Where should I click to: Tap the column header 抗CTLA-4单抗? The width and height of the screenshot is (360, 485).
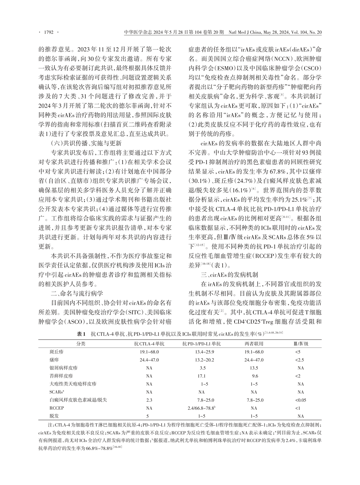coord(149,344)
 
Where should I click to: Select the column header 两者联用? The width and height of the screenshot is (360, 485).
coord(254,344)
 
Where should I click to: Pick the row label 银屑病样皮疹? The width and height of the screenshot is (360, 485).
coord(63,368)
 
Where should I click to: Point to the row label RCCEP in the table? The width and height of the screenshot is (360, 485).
coord(57,408)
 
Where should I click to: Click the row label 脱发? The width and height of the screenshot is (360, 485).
coord(54,416)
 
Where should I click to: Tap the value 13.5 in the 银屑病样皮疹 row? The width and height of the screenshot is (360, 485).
coord(254,368)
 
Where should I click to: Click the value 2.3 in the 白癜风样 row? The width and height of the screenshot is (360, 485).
coord(149,400)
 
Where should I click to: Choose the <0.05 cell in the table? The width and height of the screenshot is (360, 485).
coord(300,400)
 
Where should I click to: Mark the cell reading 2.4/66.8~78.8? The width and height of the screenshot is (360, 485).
coord(202,408)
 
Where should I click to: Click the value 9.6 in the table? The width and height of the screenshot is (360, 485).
coord(255,376)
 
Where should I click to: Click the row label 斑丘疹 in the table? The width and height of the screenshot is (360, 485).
coord(56,352)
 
